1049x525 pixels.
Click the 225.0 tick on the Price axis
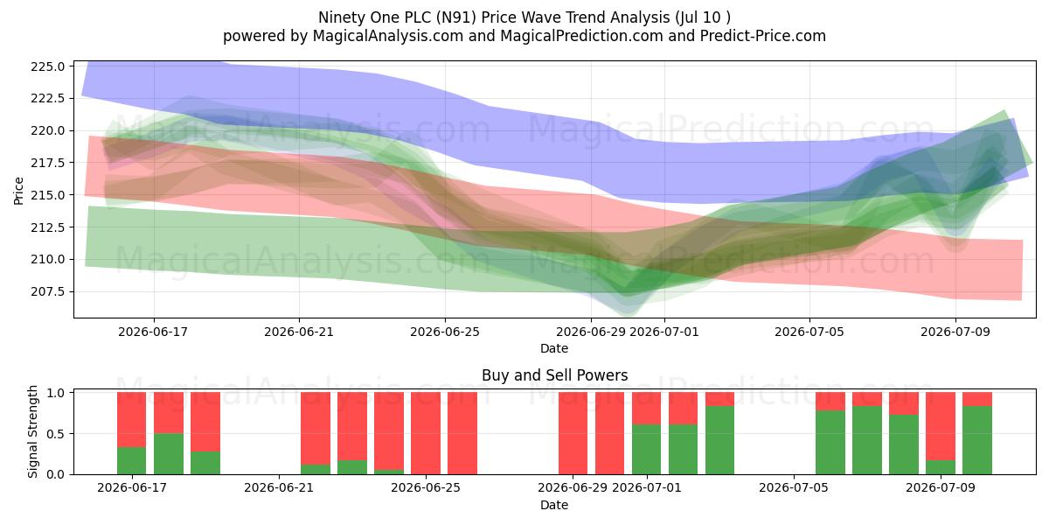point(48,66)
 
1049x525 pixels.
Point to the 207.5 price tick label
point(48,291)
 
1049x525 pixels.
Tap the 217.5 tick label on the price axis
point(48,163)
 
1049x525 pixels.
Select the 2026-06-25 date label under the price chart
point(445,332)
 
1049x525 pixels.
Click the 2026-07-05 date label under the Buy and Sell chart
point(794,487)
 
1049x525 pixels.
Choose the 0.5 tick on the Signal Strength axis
point(56,434)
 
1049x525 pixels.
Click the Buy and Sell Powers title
point(554,375)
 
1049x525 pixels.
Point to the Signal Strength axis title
point(32,431)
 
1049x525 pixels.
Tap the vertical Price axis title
point(18,191)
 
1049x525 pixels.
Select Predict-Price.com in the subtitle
point(763,36)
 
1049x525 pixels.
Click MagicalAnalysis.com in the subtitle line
point(388,36)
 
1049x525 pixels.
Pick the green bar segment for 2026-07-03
point(719,440)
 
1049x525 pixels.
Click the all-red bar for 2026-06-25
point(425,433)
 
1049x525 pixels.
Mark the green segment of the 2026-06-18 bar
point(169,454)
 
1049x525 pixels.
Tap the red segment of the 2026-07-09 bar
point(941,426)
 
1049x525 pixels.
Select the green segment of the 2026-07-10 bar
point(977,440)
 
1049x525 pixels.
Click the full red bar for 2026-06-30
point(609,433)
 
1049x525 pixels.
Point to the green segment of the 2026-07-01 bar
point(646,450)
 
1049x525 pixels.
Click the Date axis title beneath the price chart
point(554,349)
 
